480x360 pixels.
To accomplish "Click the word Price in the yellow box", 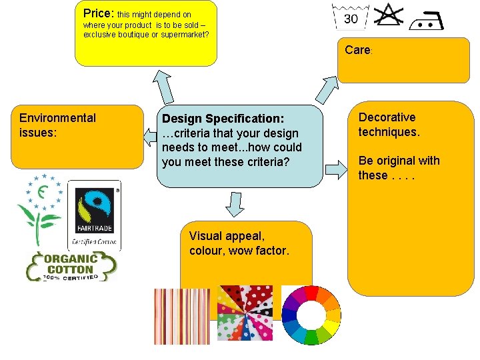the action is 98,13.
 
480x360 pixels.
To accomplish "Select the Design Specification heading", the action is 223,119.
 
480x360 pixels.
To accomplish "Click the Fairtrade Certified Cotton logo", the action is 94,215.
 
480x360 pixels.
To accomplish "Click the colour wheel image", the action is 311,315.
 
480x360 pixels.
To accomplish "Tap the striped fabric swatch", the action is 173,316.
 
